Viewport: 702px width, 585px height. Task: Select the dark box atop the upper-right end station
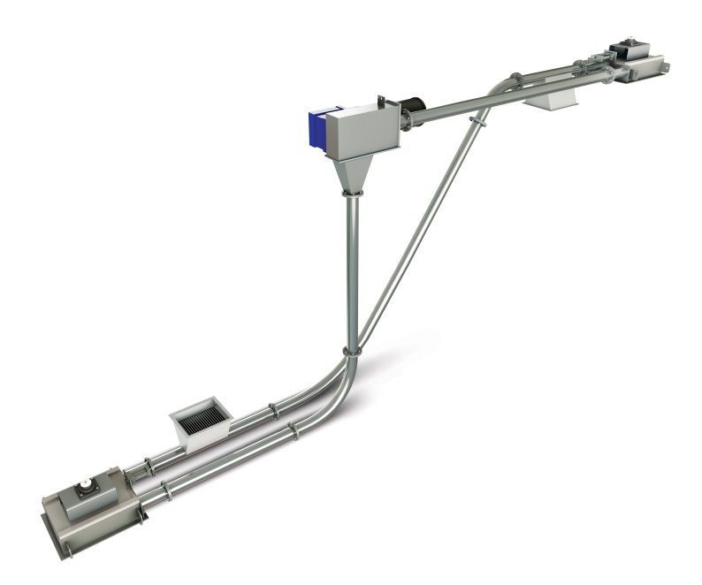click(x=630, y=49)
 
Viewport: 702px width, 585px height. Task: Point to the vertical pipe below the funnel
click(x=351, y=265)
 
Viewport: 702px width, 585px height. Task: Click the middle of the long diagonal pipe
click(x=416, y=234)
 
